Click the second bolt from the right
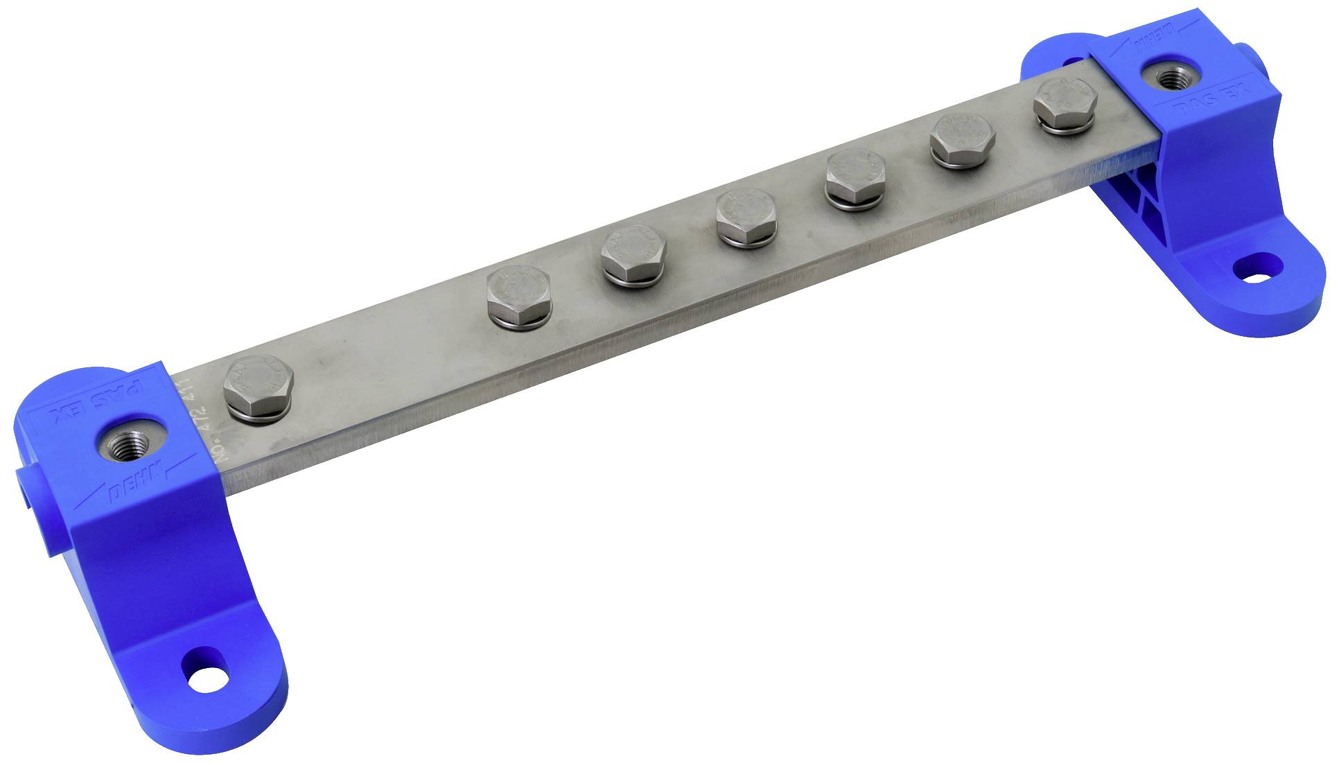coord(963,139)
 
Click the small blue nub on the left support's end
coord(24,485)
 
